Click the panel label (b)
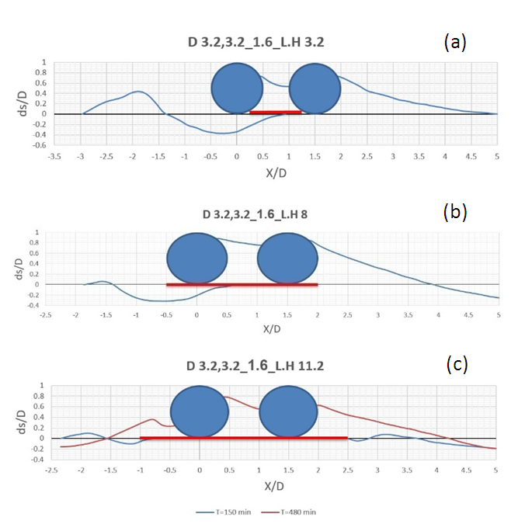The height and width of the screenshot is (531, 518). click(454, 212)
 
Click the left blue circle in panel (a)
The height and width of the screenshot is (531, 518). click(238, 88)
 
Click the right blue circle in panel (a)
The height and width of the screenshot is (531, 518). click(315, 88)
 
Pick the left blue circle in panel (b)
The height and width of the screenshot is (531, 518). click(197, 259)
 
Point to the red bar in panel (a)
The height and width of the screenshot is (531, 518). click(276, 113)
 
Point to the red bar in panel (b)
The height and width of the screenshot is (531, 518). click(242, 285)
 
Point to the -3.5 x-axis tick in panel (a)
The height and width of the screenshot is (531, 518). click(55, 156)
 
